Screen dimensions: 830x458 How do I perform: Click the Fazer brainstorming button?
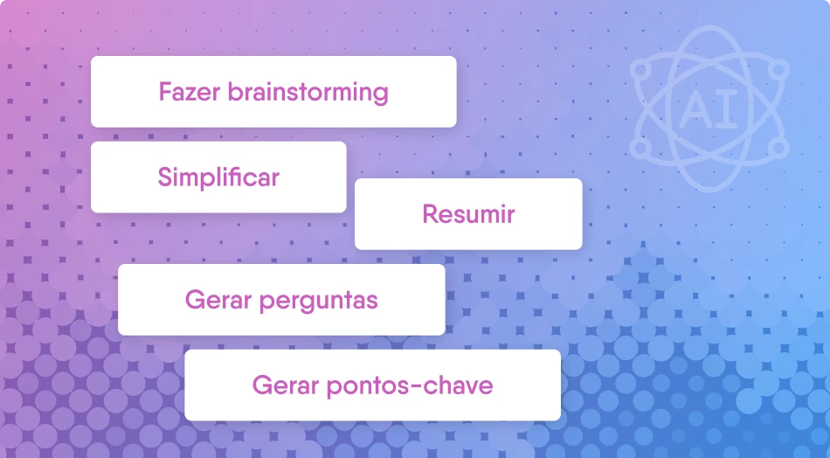coord(273,92)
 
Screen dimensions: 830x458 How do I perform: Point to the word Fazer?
coord(189,92)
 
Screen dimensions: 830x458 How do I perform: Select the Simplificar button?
coord(218,177)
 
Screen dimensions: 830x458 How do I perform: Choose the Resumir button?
coord(468,214)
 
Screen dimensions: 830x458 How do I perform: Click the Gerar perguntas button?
coord(281,300)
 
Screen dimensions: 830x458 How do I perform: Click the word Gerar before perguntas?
coord(218,300)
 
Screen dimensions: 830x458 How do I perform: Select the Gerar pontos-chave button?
coord(373,385)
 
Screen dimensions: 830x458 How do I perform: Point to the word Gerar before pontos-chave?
coord(286,385)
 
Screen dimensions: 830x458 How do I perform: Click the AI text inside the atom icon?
coord(709,109)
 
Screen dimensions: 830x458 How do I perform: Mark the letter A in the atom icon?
coord(696,109)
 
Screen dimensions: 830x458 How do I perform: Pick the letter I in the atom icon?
coord(729,109)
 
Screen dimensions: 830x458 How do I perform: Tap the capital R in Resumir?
coord(431,214)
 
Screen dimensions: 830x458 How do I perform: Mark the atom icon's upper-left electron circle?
coord(640,69)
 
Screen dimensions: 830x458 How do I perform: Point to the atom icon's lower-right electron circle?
coord(778,148)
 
